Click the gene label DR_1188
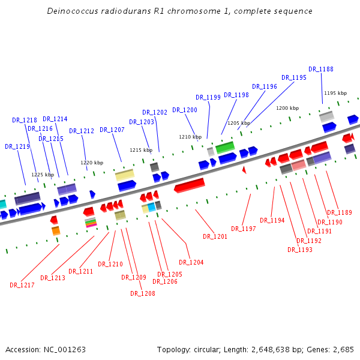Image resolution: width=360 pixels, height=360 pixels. pos(321,69)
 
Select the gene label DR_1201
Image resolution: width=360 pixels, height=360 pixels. pos(215,236)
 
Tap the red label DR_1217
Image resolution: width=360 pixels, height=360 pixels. pos(22,285)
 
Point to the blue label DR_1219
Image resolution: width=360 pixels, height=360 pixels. pos(17,146)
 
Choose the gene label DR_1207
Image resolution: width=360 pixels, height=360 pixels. pos(112,130)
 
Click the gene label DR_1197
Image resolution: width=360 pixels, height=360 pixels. pos(244,229)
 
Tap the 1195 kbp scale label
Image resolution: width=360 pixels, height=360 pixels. pos(335,93)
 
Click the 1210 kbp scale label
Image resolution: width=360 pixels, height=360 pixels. pos(190,137)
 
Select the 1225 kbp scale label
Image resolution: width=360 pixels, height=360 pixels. pos(43,175)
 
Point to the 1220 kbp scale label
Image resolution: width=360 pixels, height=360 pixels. pos(92,163)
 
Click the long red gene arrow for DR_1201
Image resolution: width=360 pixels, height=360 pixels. pos(190,185)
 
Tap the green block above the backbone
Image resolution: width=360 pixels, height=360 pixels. pos(225,146)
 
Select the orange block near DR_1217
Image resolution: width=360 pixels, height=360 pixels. pos(56,230)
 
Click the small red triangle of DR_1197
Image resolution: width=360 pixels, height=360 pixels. pos(244,170)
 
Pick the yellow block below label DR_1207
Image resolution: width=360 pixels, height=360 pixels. pos(124,175)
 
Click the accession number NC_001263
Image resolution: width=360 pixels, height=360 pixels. pos(65,349)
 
